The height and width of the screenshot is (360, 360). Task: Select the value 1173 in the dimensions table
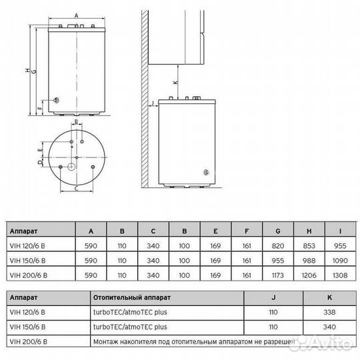(278, 274)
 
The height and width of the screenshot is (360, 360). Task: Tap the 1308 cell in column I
(340, 274)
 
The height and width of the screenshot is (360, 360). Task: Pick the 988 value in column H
(309, 259)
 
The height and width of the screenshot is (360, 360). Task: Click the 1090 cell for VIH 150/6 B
(340, 259)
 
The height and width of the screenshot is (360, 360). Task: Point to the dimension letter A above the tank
(76, 14)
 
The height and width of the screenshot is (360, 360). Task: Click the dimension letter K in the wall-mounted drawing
(175, 82)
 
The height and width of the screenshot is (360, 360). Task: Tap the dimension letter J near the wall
(153, 103)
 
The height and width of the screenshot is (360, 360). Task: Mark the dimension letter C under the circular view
(77, 189)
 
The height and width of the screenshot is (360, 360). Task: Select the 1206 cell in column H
(309, 274)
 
